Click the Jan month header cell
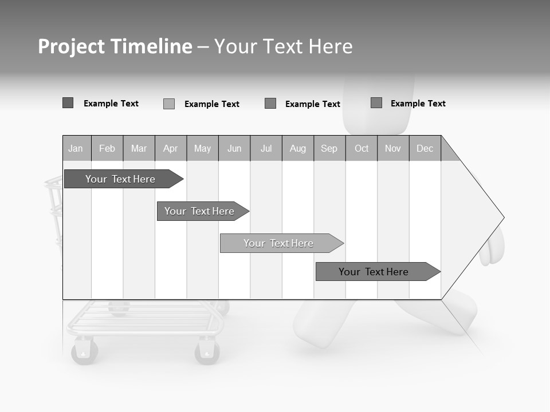click(76, 148)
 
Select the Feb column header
click(107, 148)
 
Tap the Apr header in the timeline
click(170, 148)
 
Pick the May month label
click(202, 148)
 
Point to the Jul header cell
click(266, 148)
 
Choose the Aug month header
click(297, 148)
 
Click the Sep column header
click(329, 148)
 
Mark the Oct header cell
click(362, 148)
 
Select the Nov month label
click(392, 148)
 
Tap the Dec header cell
click(425, 148)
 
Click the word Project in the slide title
click(71, 46)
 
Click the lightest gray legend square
click(169, 104)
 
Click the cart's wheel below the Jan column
click(84, 351)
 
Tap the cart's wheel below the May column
click(207, 351)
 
